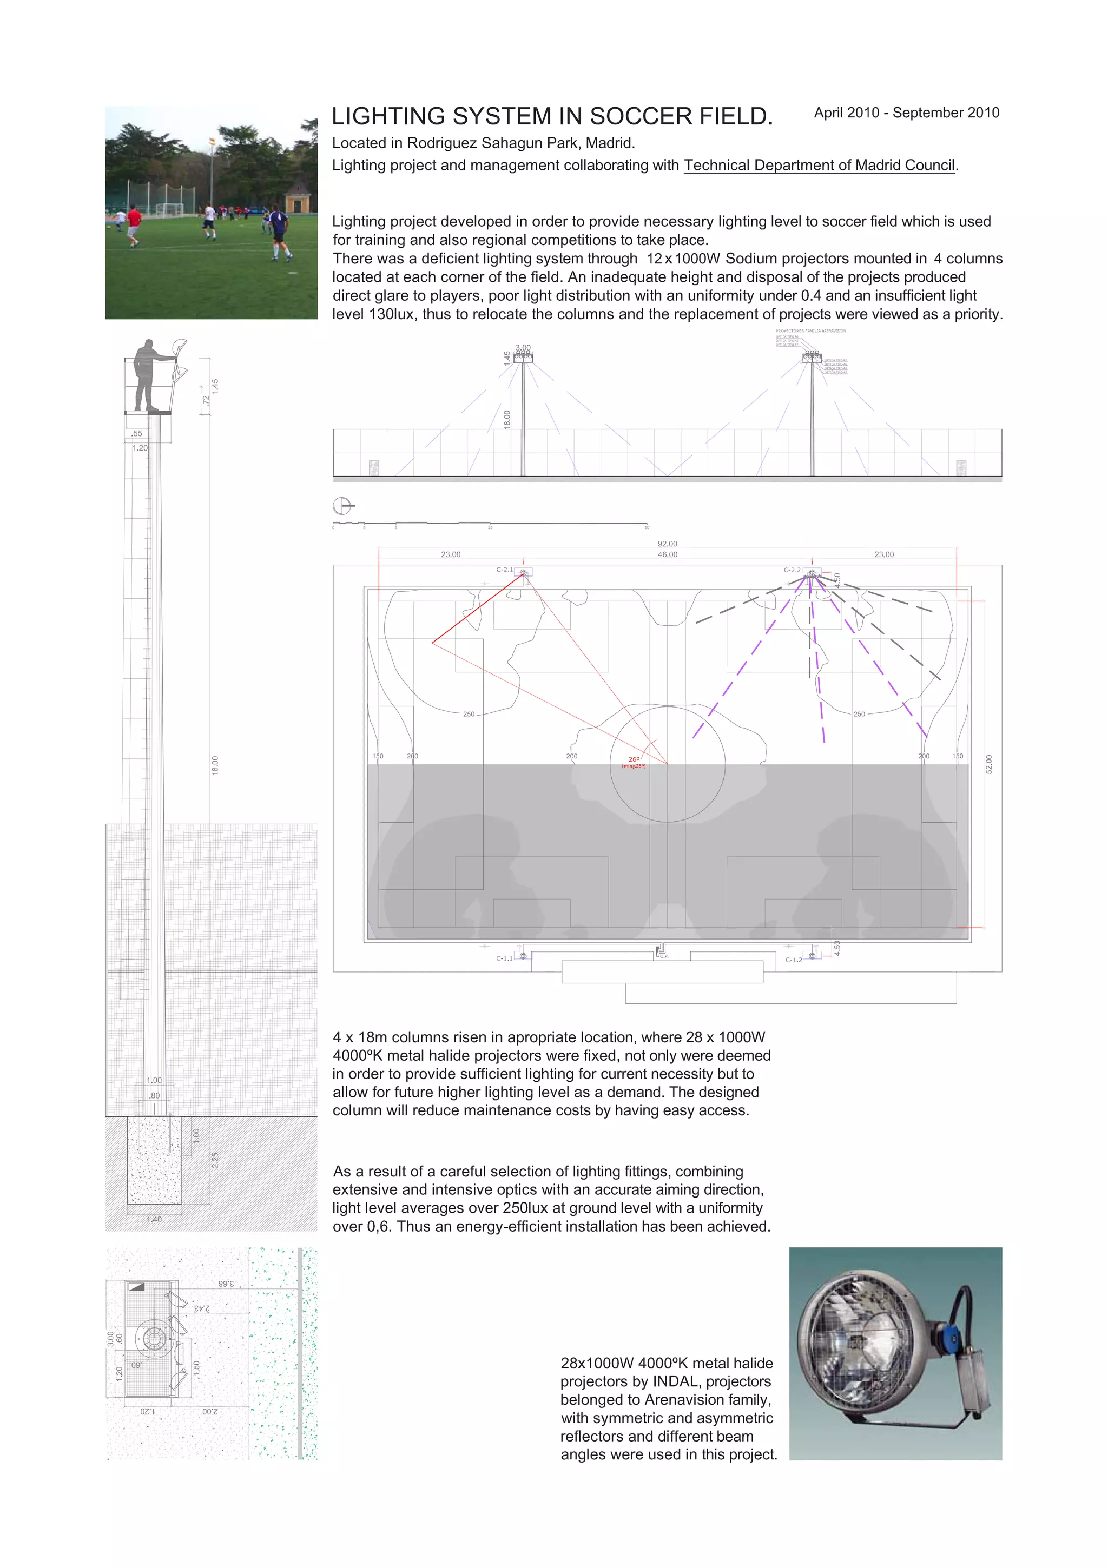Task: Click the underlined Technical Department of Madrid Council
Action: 819,165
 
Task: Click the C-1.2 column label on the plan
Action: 793,960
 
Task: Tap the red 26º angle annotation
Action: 634,759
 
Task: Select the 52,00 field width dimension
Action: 988,764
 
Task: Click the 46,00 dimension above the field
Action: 667,555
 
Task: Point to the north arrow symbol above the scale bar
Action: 342,506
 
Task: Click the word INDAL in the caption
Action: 677,1382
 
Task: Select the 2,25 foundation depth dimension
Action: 214,1160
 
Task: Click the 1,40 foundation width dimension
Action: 154,1219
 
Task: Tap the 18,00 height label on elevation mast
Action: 506,419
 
